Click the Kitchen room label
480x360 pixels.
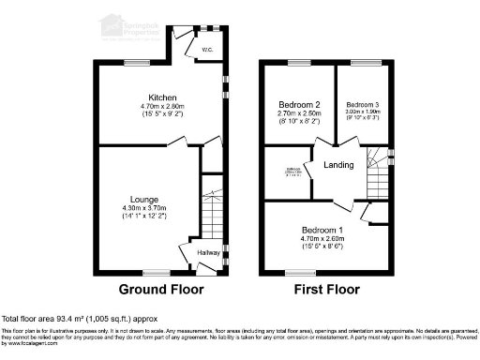[156, 97]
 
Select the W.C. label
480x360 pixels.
[204, 50]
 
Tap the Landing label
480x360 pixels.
[338, 166]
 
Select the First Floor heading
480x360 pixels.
[325, 288]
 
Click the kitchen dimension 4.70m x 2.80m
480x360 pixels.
[156, 107]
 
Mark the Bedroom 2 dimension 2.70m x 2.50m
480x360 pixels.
[300, 112]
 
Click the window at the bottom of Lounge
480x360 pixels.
[156, 272]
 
